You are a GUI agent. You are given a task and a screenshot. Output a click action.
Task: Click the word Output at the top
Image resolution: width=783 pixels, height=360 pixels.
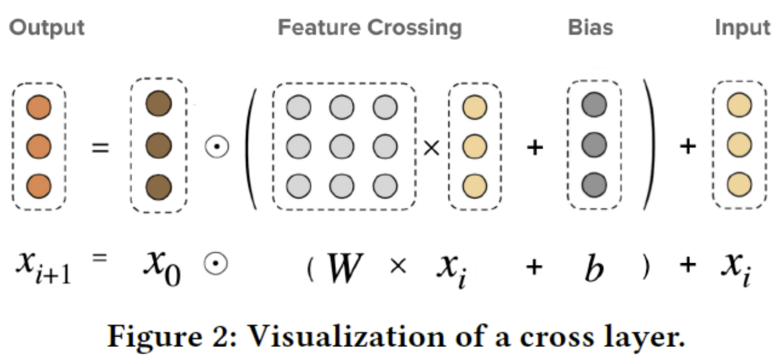47,28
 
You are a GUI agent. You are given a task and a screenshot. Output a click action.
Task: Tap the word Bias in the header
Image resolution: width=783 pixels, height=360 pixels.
590,27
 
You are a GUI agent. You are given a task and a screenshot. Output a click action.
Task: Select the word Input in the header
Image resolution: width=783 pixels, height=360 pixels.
743,28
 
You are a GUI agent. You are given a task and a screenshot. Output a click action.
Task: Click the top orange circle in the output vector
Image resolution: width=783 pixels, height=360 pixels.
39,107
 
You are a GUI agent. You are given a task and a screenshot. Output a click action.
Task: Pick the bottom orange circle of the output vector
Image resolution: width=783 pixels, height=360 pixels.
39,186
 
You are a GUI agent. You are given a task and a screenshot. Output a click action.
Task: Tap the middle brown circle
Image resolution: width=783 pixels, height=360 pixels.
158,145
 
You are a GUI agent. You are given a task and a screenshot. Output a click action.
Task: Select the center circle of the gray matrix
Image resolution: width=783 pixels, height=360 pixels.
341,146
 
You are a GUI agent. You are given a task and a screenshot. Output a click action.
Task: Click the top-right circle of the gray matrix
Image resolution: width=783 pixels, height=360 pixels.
385,107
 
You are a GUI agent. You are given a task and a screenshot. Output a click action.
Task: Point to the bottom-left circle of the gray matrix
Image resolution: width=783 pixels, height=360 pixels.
298,186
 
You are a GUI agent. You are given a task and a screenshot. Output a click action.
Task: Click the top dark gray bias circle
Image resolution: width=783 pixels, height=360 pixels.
594,104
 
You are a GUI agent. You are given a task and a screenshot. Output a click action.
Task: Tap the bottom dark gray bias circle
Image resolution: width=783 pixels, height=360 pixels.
594,185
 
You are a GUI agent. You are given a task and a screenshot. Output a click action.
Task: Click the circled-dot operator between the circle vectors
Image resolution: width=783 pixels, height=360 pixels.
217,146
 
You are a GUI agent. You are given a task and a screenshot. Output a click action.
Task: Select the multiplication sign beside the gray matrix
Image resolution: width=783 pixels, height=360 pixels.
431,148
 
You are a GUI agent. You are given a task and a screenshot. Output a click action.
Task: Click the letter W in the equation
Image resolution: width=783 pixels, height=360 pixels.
344,268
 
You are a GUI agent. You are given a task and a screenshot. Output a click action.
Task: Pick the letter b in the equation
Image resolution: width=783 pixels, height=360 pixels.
594,268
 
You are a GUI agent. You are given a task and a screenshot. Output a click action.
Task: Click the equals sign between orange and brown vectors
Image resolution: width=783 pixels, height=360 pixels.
100,147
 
